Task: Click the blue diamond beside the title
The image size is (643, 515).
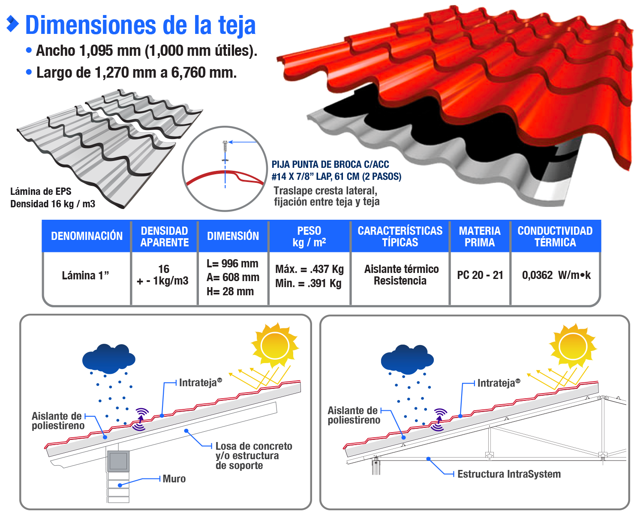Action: coord(13,24)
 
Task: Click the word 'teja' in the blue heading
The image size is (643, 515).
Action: coord(237,26)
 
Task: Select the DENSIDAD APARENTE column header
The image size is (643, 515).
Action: coord(164,236)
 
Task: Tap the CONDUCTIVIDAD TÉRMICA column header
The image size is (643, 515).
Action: coord(555,236)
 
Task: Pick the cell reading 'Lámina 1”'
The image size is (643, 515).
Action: coord(85,276)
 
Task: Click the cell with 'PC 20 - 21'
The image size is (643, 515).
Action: coord(480,275)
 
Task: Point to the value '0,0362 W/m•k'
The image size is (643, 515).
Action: coord(556,275)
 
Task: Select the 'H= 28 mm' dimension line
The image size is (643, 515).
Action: coord(230,291)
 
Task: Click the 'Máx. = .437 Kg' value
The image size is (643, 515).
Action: coord(309,269)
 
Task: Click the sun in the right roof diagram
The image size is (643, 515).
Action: coord(573,346)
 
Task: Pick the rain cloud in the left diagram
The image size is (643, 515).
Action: coord(109,358)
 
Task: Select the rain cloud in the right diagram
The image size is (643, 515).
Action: coord(407,359)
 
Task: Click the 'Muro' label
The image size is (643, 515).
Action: coord(174,479)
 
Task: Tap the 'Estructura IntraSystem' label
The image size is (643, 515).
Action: coord(509,474)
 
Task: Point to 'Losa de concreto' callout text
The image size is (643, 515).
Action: coord(254,446)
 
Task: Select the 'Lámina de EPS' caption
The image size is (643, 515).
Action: coord(41,191)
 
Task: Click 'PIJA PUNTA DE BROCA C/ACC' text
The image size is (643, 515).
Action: coord(331,164)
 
